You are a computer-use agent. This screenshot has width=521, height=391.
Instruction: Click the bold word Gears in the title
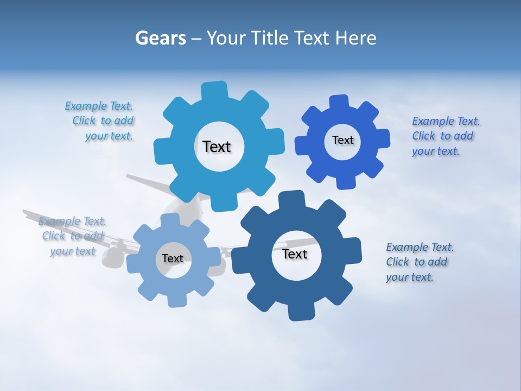[x=160, y=38]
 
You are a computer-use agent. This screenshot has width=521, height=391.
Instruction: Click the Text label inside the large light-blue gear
[x=217, y=147]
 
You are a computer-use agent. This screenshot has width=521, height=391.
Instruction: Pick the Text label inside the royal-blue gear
[x=342, y=140]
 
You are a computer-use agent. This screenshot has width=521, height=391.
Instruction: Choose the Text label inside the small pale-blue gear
[x=173, y=258]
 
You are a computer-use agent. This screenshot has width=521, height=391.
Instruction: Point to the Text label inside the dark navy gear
[x=295, y=254]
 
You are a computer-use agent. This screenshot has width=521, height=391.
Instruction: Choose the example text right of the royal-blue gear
[x=444, y=136]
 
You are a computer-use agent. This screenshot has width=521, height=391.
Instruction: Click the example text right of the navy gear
[x=419, y=262]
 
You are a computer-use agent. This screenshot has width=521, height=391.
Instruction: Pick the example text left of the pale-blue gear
[x=72, y=236]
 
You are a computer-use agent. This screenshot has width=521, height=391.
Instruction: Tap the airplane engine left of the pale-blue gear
[x=112, y=256]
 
